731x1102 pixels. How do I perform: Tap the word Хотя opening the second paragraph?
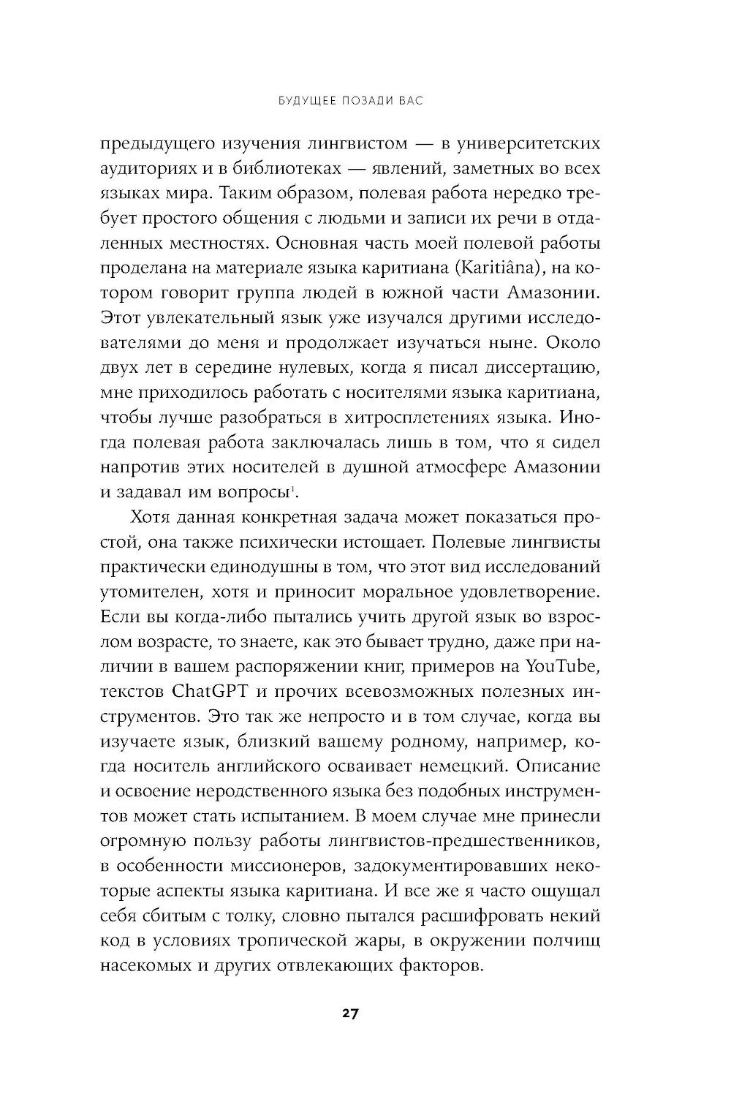pyautogui.click(x=152, y=517)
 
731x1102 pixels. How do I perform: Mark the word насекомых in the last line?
pyautogui.click(x=148, y=965)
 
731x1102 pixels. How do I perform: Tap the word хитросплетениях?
pyautogui.click(x=412, y=418)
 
